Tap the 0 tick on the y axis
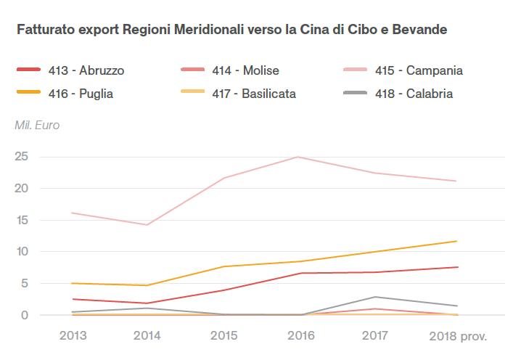pyautogui.click(x=25, y=315)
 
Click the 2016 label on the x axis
pyautogui.click(x=301, y=336)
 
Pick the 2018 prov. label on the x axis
pyautogui.click(x=457, y=336)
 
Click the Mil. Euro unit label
pyautogui.click(x=37, y=125)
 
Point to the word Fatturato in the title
pyautogui.click(x=45, y=30)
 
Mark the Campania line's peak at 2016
pyautogui.click(x=298, y=157)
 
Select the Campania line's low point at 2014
pyautogui.click(x=147, y=225)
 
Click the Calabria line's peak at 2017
pyautogui.click(x=375, y=297)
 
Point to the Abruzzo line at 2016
pyautogui.click(x=298, y=273)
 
